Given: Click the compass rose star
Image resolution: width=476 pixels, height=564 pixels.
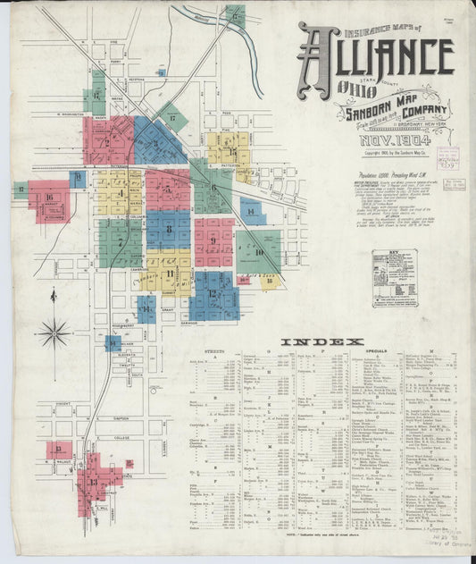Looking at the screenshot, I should point(54,333).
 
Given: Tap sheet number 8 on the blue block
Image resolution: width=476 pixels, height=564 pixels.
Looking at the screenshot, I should point(168,230).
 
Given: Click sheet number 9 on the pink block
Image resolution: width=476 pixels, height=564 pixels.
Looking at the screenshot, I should point(214,240).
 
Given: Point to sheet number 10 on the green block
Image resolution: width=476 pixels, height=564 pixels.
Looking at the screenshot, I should point(258,252).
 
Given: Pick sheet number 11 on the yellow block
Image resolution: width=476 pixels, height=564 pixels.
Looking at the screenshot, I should point(168,273).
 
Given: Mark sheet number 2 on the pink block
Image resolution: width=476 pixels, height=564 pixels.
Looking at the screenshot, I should point(107,141).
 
